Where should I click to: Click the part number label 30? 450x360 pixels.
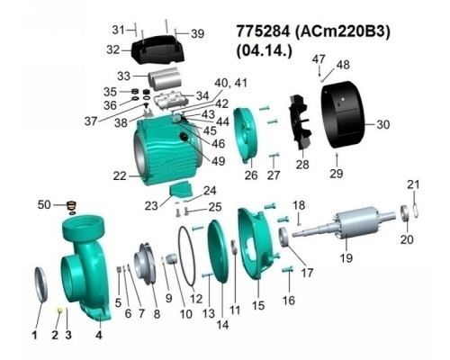(383, 124)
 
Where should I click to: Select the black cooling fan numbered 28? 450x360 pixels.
(301, 122)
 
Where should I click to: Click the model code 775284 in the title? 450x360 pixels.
(263, 31)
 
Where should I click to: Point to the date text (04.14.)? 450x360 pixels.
(264, 51)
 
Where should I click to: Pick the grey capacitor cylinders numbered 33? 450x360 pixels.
(165, 79)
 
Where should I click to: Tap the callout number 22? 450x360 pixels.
(120, 175)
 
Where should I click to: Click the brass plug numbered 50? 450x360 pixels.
(72, 206)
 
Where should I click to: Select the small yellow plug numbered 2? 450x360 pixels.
(59, 310)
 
